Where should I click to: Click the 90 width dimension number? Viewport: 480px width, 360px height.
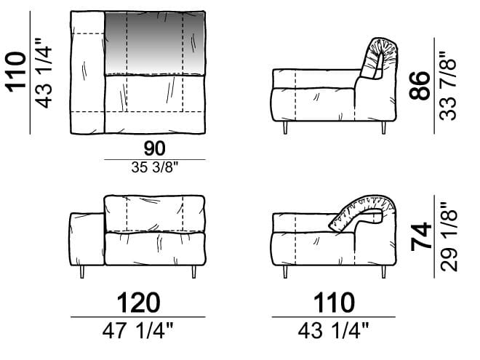155,148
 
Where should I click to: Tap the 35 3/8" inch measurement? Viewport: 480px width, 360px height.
155,167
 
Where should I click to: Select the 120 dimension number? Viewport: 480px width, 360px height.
138,303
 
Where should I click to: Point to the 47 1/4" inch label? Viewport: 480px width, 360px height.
137,331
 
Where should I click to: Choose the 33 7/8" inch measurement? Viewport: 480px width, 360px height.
448,85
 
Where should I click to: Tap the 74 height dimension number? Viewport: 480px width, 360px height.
421,236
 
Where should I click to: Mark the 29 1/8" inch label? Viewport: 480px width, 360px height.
449,236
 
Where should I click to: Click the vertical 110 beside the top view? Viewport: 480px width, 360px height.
17,73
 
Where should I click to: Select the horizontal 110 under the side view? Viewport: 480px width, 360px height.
334,303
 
